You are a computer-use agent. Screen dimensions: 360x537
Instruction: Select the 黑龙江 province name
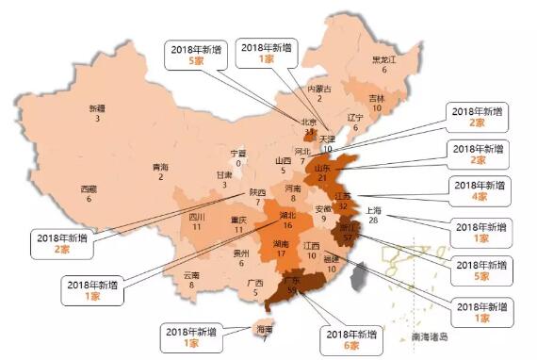pos(379,58)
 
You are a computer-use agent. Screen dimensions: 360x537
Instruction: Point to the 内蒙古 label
pos(320,89)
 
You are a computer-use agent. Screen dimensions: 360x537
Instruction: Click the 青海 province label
pos(161,167)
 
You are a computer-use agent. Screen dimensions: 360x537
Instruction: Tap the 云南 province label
pos(192,274)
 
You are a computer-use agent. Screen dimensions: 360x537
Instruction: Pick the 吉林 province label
pos(377,98)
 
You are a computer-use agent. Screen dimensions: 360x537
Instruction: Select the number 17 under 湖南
pos(281,254)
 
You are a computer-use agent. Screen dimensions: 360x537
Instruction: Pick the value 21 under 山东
pos(350,177)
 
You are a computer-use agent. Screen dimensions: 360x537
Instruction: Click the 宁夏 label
pos(238,154)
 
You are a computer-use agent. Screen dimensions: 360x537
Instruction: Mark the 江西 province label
pos(312,245)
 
